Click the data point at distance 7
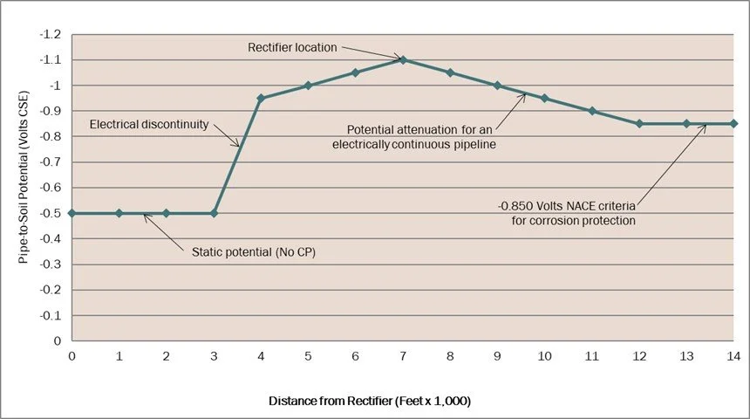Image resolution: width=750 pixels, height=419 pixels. click(x=403, y=59)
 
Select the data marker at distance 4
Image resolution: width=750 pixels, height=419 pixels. click(x=261, y=98)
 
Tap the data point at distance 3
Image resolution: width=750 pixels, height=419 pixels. click(x=214, y=213)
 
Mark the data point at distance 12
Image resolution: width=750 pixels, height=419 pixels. click(x=639, y=123)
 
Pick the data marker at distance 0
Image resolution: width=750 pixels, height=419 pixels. click(x=72, y=213)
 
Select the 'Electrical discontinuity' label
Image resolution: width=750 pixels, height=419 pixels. click(x=149, y=125)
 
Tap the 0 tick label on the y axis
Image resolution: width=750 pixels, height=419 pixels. click(x=58, y=341)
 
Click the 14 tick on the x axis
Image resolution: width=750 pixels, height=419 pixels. click(x=733, y=356)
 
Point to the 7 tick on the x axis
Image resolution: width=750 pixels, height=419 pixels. click(x=403, y=356)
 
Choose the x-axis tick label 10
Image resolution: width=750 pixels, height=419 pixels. click(x=544, y=356)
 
